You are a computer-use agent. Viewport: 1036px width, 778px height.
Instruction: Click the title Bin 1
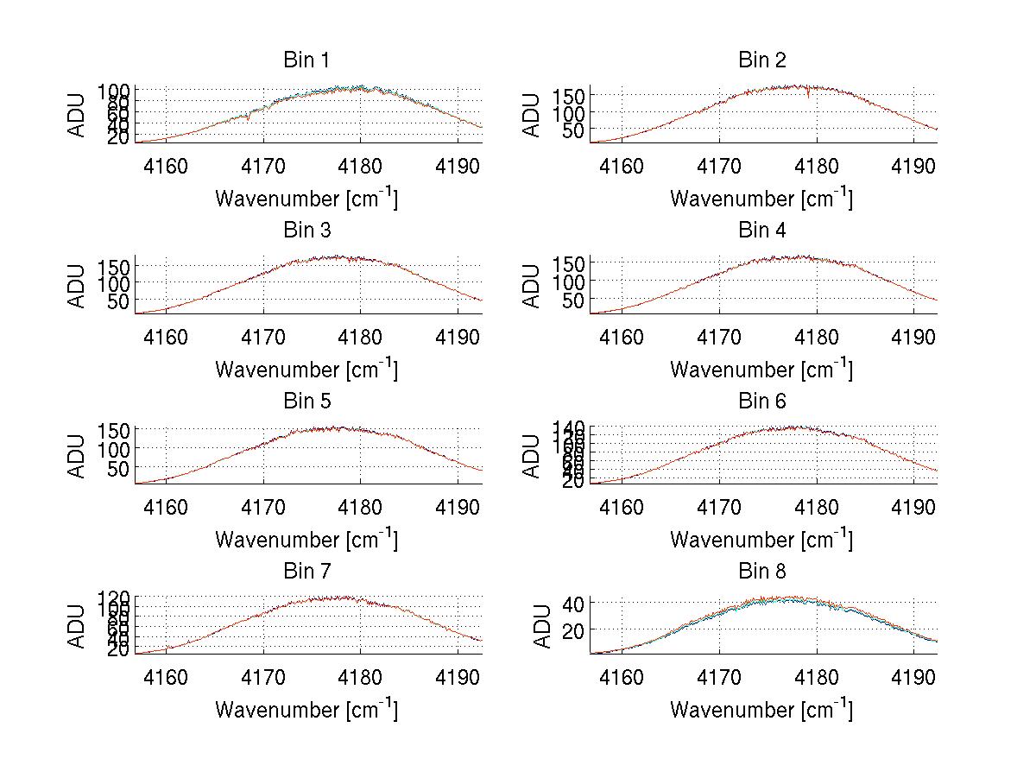click(306, 60)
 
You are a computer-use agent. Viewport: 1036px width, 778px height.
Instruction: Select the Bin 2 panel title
click(761, 60)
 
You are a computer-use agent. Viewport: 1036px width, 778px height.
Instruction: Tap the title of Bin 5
click(306, 402)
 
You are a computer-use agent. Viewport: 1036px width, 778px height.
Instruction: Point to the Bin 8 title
click(761, 572)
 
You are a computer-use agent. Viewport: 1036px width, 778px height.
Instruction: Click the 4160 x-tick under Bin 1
click(166, 166)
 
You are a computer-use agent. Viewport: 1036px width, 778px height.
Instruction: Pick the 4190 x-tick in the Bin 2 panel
click(913, 166)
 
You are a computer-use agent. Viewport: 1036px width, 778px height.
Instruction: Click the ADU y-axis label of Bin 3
click(77, 286)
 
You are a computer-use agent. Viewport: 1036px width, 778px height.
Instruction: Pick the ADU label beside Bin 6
click(532, 456)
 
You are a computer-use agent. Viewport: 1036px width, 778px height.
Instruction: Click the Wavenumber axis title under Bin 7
click(306, 710)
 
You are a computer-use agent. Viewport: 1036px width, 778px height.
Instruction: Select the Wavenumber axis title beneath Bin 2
click(761, 199)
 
